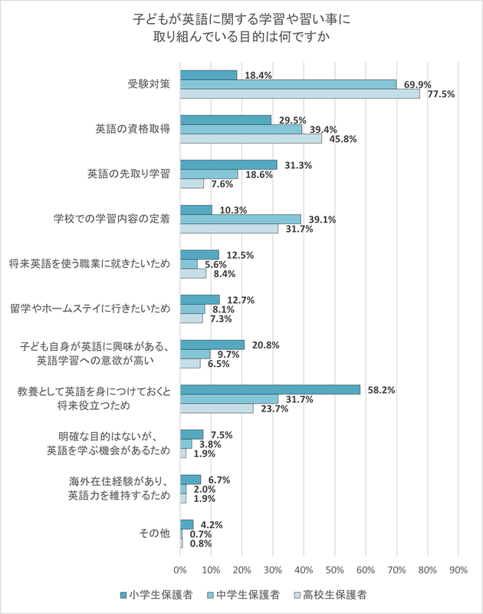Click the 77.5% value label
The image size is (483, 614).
(x=442, y=94)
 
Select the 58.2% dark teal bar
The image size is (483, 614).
(x=270, y=390)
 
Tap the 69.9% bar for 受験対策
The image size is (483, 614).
(x=287, y=84)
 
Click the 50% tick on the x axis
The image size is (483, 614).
(x=334, y=569)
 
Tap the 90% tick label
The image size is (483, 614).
(x=458, y=569)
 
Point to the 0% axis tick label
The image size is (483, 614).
(x=180, y=569)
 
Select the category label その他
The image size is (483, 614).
(x=155, y=533)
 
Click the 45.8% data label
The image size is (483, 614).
(x=342, y=140)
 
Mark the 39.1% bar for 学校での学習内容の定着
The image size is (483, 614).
(x=241, y=219)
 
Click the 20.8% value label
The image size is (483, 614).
(x=265, y=345)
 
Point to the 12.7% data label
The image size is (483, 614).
(x=240, y=299)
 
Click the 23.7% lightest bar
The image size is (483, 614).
(x=216, y=408)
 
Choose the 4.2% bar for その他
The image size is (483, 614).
(x=186, y=524)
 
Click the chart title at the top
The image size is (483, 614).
(x=242, y=27)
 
